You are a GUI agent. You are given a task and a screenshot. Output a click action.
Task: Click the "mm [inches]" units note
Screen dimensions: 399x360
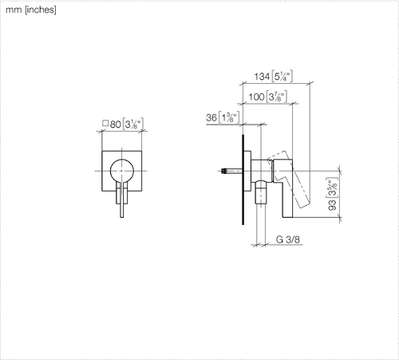(31, 10)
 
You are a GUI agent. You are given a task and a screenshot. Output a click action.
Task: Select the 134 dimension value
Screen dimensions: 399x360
(262, 77)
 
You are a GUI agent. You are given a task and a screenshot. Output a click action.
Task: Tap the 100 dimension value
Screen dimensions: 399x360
(256, 97)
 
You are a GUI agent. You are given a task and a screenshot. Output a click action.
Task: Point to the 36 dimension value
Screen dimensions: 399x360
(211, 117)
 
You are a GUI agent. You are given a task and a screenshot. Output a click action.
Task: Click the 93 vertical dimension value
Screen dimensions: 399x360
(333, 205)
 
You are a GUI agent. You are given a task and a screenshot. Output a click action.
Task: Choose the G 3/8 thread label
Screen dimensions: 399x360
(288, 239)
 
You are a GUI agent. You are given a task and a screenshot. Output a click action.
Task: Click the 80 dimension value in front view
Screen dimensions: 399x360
(116, 125)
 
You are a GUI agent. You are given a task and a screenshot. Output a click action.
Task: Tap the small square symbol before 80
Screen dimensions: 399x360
(105, 123)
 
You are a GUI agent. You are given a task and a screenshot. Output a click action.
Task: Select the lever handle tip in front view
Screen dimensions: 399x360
(122, 216)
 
